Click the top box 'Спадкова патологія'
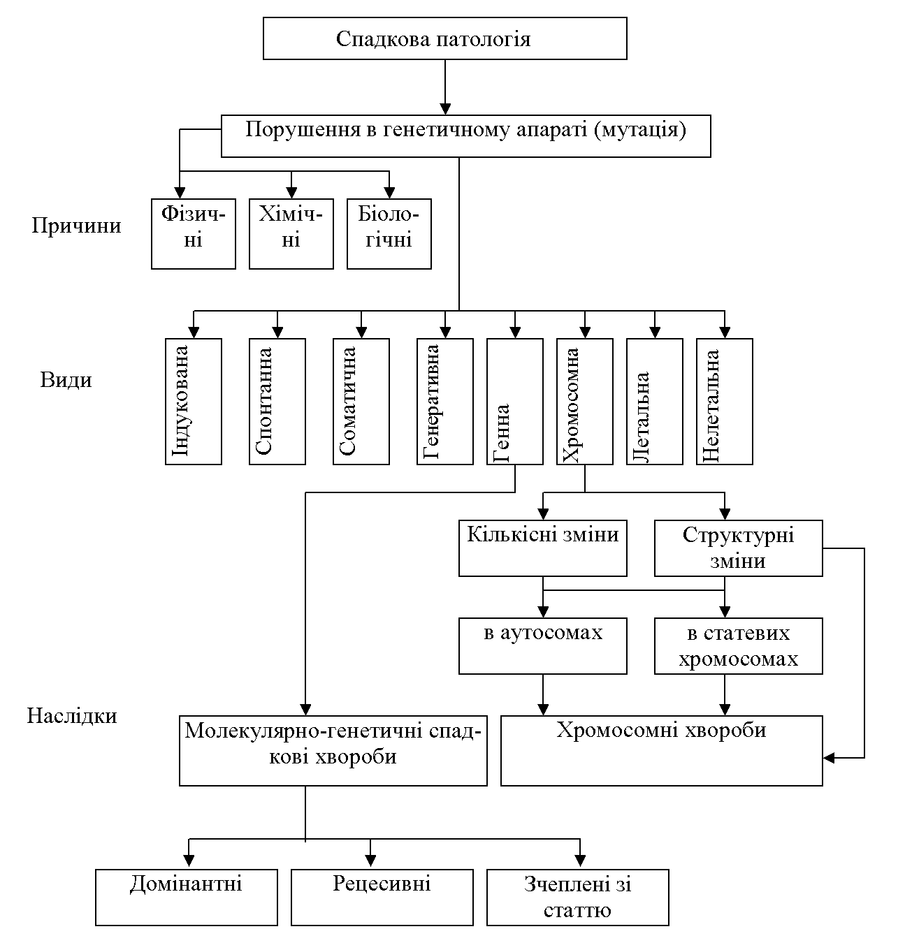[x=444, y=38]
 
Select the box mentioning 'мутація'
[x=465, y=136]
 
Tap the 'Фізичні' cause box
[x=194, y=234]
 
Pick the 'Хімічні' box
[x=291, y=234]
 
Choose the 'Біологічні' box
[x=389, y=234]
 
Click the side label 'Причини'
[x=76, y=226]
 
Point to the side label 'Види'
[x=66, y=380]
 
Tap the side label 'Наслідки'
[x=72, y=715]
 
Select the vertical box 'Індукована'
[x=194, y=402]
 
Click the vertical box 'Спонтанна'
[x=277, y=402]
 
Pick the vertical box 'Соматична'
[x=361, y=402]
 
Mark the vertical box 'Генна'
[x=515, y=402]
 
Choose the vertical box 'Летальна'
[x=655, y=402]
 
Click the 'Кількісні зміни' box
[x=543, y=548]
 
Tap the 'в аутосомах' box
[x=543, y=646]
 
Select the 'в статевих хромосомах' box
[x=739, y=646]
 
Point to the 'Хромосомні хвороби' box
[x=661, y=750]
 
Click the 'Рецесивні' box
[x=382, y=898]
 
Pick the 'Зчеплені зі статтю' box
[x=578, y=898]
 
